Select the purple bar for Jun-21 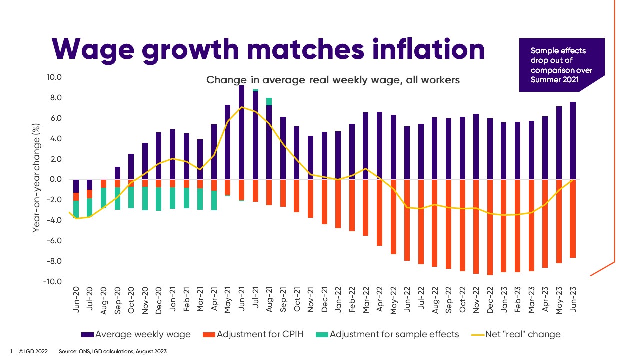[241, 132]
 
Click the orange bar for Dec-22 [490, 227]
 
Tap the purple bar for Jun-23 [573, 141]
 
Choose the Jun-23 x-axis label [573, 302]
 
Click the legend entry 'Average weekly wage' [136, 334]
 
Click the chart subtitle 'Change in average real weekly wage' [333, 80]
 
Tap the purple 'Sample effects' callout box [561, 65]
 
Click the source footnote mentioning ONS [112, 351]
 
